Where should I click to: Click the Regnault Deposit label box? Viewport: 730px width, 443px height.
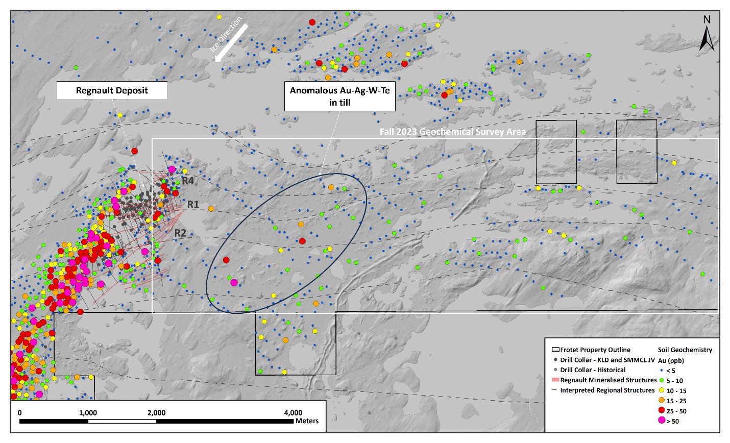pyautogui.click(x=112, y=91)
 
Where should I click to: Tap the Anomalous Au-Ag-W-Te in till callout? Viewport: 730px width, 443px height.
pyautogui.click(x=339, y=96)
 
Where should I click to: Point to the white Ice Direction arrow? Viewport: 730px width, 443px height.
pyautogui.click(x=232, y=40)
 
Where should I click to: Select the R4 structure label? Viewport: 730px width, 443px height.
pyautogui.click(x=188, y=180)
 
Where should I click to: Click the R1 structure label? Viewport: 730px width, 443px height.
pyautogui.click(x=193, y=205)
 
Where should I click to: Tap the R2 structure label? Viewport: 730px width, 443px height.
pyautogui.click(x=180, y=233)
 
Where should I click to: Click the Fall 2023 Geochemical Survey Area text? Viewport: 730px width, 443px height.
pyautogui.click(x=452, y=132)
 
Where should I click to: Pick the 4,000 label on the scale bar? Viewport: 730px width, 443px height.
pyautogui.click(x=293, y=413)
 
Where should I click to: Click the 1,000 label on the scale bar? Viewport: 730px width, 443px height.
pyautogui.click(x=88, y=413)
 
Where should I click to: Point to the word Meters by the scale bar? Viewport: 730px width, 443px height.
pyautogui.click(x=307, y=421)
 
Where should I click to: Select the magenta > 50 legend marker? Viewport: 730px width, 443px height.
pyautogui.click(x=662, y=421)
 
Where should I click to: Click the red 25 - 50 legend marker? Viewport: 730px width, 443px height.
pyautogui.click(x=662, y=411)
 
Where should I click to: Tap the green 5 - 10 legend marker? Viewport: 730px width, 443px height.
pyautogui.click(x=662, y=381)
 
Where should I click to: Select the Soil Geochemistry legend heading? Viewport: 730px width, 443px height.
pyautogui.click(x=685, y=350)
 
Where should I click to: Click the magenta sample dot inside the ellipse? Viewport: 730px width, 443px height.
pyautogui.click(x=234, y=282)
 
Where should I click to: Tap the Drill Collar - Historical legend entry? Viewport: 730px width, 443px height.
pyautogui.click(x=592, y=370)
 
